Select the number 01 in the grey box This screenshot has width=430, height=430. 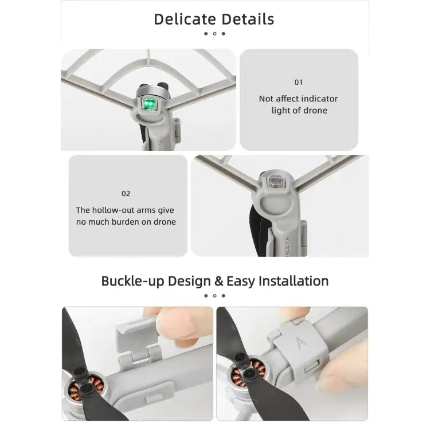click(x=299, y=83)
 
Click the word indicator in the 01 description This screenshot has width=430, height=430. click(x=313, y=99)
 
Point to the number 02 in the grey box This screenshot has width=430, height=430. click(x=126, y=194)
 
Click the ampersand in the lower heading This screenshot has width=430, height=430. click(x=218, y=281)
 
